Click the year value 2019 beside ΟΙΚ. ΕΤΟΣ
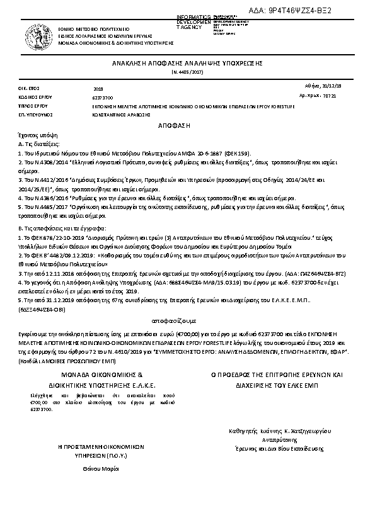[x=98, y=89]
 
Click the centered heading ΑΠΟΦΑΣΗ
[x=187, y=126]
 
